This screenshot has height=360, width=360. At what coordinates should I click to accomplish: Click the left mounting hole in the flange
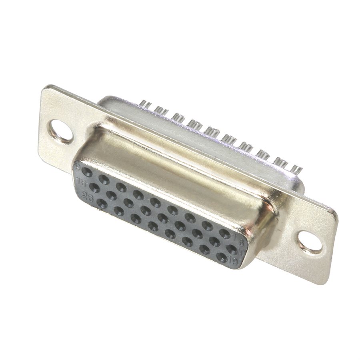click(61, 131)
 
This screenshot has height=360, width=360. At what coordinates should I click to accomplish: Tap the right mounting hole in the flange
click(310, 241)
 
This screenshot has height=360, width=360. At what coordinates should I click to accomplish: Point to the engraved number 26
click(86, 195)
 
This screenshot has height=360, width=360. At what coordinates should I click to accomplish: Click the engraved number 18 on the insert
click(82, 183)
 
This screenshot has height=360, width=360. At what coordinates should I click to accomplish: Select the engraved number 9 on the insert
click(78, 166)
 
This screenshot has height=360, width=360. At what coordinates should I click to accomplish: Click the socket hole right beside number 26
click(102, 204)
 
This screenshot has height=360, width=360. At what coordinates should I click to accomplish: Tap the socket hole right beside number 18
click(95, 187)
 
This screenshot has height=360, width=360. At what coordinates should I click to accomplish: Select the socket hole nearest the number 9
click(87, 172)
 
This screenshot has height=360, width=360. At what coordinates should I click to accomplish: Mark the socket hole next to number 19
click(222, 257)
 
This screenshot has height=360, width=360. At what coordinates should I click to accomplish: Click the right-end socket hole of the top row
click(225, 234)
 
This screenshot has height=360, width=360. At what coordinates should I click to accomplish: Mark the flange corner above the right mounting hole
click(334, 212)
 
